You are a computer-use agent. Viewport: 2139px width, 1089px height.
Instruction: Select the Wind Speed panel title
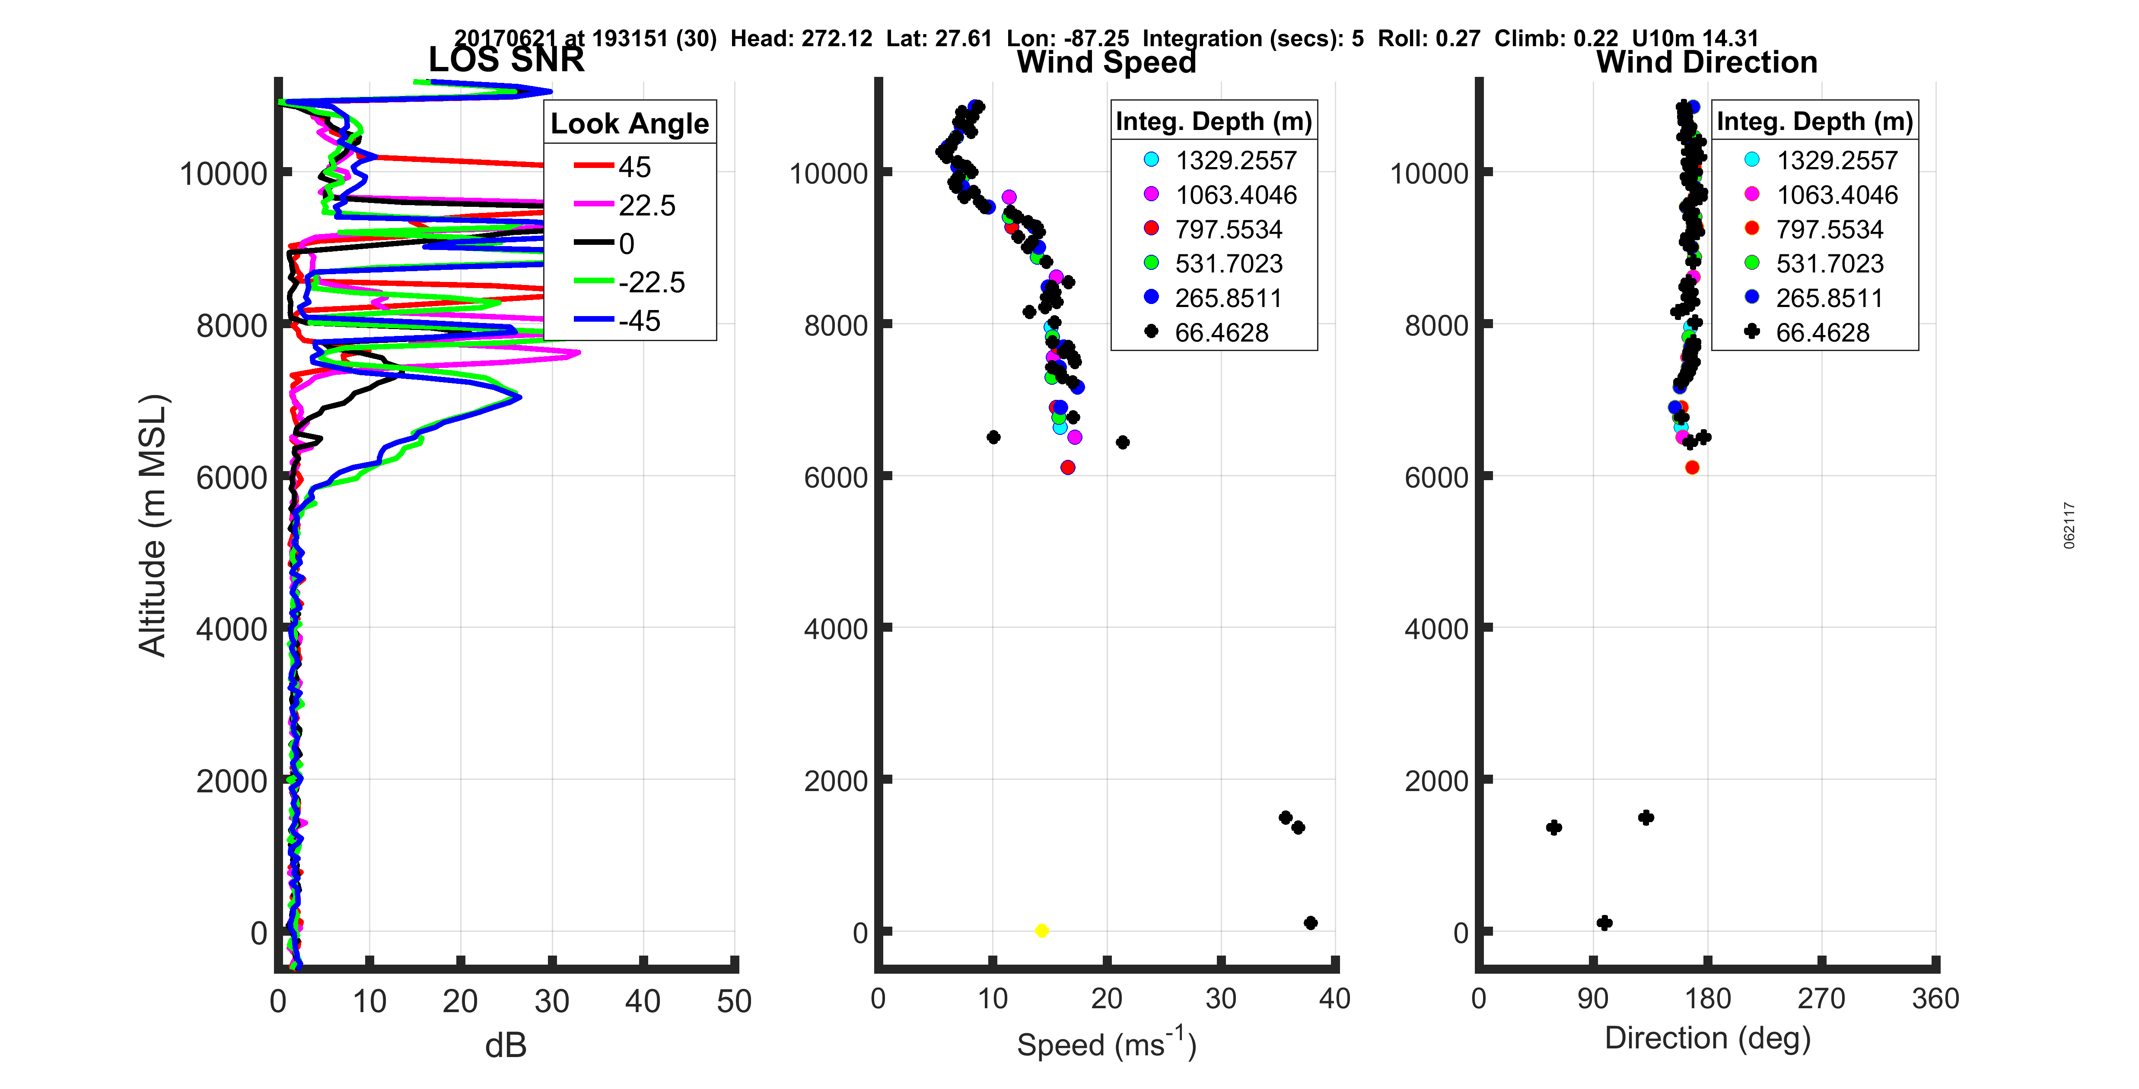coord(1106,62)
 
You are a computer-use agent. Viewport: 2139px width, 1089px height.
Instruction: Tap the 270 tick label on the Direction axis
coord(1821,998)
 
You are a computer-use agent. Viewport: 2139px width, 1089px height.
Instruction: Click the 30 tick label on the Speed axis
coord(1221,998)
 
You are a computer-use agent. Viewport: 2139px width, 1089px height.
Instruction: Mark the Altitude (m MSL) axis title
coord(153,526)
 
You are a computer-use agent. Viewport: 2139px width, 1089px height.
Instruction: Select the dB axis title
coord(506,1046)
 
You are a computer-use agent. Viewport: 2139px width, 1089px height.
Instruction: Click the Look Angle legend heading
coord(630,123)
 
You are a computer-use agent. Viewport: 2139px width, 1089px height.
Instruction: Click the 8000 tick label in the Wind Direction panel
coord(1428,326)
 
